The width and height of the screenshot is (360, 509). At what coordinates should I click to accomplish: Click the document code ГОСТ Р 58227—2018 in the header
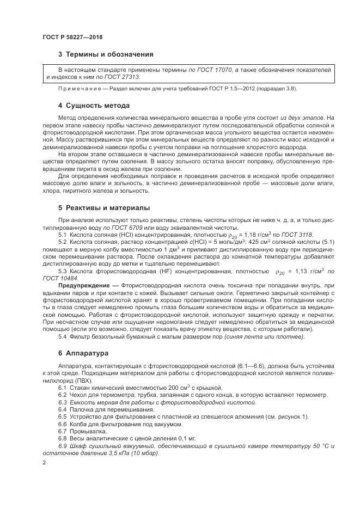tap(72, 37)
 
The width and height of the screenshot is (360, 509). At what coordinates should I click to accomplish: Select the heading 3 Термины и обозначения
tap(106, 54)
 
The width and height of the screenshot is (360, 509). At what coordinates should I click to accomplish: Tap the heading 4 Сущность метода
tap(94, 105)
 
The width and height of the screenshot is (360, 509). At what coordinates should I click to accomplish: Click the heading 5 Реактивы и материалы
tap(105, 207)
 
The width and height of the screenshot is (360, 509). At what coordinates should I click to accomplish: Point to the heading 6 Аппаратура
tap(84, 353)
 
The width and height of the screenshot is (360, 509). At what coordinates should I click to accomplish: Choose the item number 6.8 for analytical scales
tap(62, 438)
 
